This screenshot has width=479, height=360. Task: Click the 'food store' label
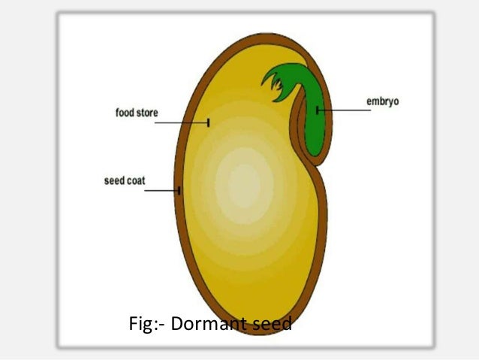137,113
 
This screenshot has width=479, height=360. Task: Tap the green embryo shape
316,120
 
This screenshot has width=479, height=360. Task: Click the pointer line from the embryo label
345,110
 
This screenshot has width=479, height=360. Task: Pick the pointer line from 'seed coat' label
161,191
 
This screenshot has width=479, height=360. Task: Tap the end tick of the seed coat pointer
179,191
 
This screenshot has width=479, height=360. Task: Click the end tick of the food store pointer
209,122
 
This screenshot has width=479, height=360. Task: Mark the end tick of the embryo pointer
318,110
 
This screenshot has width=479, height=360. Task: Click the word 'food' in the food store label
124,113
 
